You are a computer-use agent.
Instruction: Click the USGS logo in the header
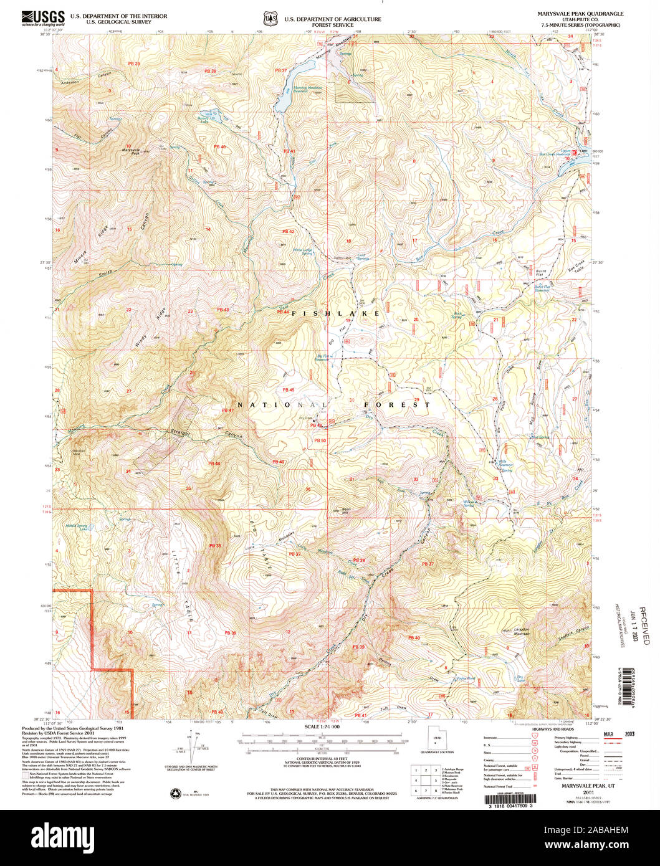(42, 17)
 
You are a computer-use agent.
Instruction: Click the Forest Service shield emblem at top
(270, 19)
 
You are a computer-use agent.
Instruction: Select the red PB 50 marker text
(319, 441)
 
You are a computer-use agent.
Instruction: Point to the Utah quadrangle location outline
(436, 737)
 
